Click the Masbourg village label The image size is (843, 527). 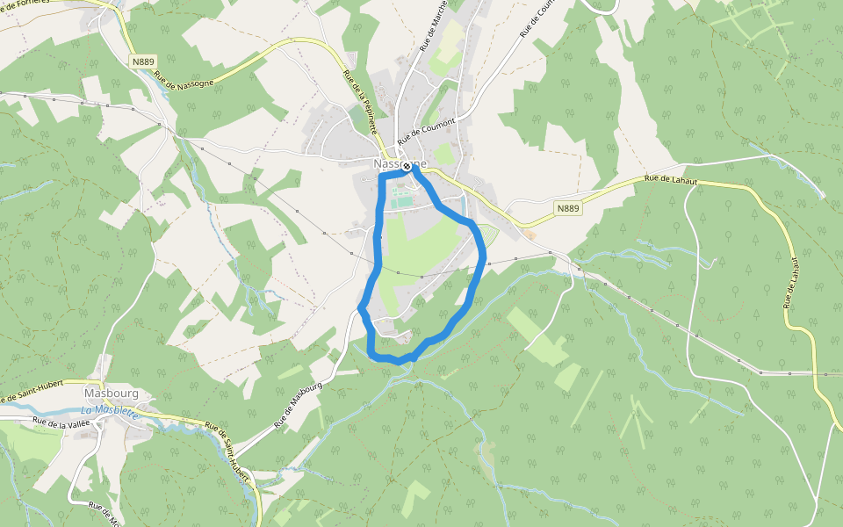112,393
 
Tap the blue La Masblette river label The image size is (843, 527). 110,410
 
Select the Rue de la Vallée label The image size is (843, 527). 61,424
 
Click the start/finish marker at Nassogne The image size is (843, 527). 407,165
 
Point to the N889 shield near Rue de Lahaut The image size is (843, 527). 568,208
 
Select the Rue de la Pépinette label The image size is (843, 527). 360,102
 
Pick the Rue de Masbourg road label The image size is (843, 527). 299,405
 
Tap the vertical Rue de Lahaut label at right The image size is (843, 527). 788,282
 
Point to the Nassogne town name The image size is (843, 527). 400,163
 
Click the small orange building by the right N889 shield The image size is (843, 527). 529,235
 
